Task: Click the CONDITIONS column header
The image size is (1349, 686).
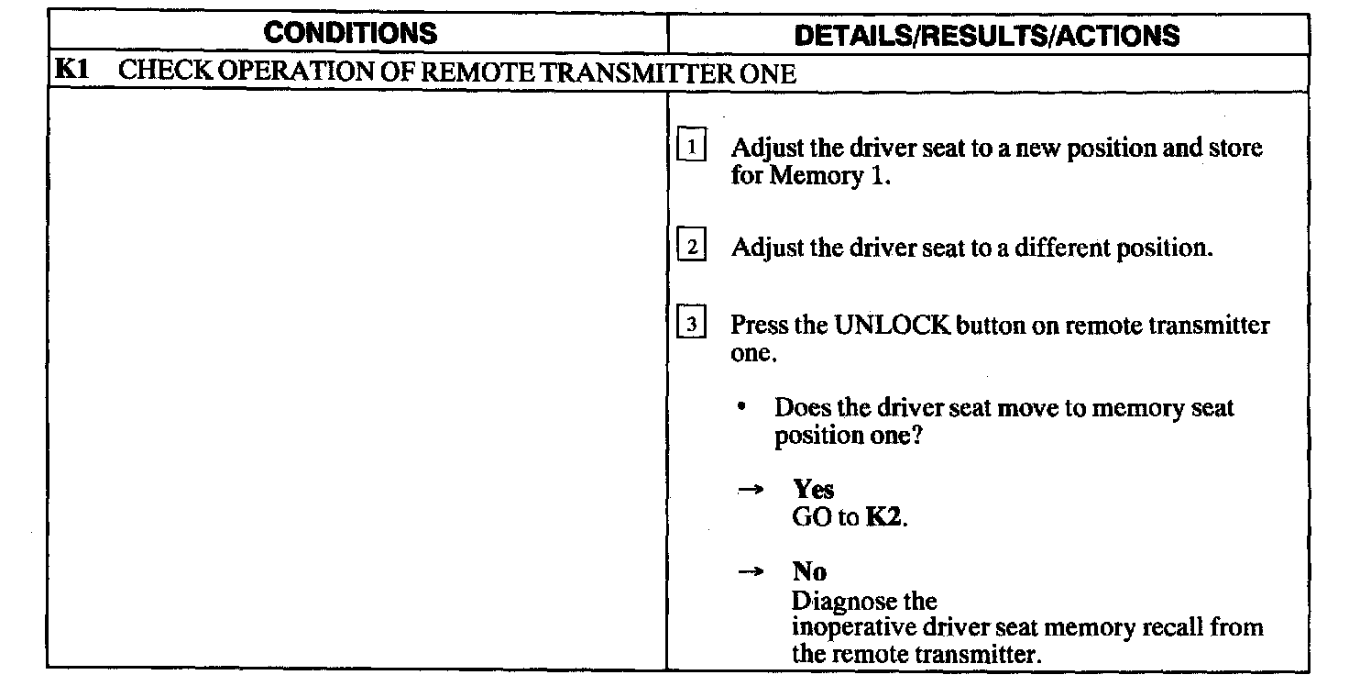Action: (x=350, y=34)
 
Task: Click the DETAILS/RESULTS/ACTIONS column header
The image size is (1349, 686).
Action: (x=986, y=35)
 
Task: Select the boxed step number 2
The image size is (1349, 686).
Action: (x=692, y=249)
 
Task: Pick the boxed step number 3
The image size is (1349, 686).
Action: (x=692, y=326)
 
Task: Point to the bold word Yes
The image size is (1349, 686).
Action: (x=814, y=490)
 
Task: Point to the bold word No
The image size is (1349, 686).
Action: (x=809, y=572)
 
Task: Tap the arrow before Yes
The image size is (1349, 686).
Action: (x=751, y=491)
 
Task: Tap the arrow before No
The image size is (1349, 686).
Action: (x=751, y=573)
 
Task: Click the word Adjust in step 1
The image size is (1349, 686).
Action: (x=767, y=149)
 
